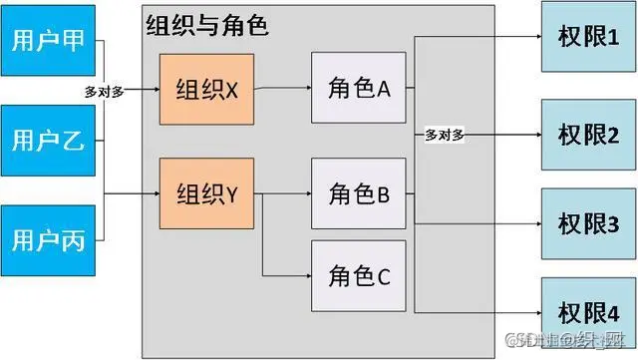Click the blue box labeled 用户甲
(x=47, y=41)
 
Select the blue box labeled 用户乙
(x=47, y=140)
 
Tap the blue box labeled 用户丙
(x=47, y=239)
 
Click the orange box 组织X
(x=206, y=90)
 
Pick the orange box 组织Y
(x=206, y=193)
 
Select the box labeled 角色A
(x=359, y=90)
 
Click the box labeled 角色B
(x=359, y=193)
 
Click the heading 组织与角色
(x=206, y=26)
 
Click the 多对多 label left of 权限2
(x=444, y=135)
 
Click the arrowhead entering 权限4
(x=535, y=311)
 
